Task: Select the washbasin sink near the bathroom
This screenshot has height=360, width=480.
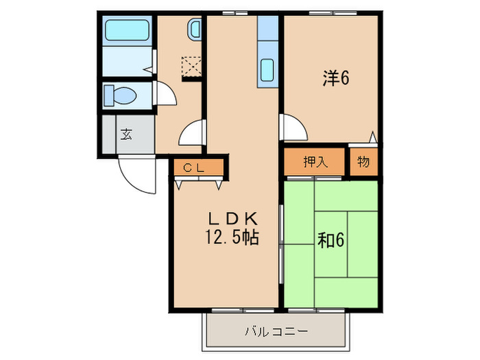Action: click(195, 29)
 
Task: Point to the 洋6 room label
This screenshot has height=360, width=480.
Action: click(336, 79)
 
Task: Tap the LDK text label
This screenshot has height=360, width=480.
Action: click(233, 219)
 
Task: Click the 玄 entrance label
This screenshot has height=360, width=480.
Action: click(127, 134)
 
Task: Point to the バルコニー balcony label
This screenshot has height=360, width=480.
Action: click(276, 333)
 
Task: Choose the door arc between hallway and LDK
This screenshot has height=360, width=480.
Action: click(192, 132)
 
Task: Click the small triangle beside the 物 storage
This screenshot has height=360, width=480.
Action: click(372, 137)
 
